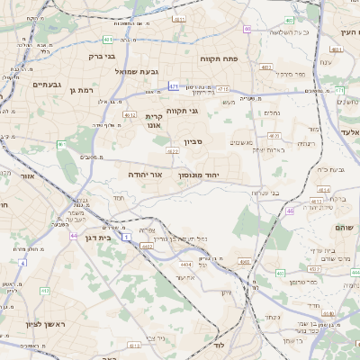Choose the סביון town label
(x=194, y=141)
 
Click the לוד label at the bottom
(x=219, y=345)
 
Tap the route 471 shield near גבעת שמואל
(x=173, y=86)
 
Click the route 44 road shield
(x=72, y=236)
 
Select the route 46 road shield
(x=291, y=211)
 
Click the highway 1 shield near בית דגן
(x=127, y=236)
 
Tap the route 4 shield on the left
(x=22, y=263)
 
